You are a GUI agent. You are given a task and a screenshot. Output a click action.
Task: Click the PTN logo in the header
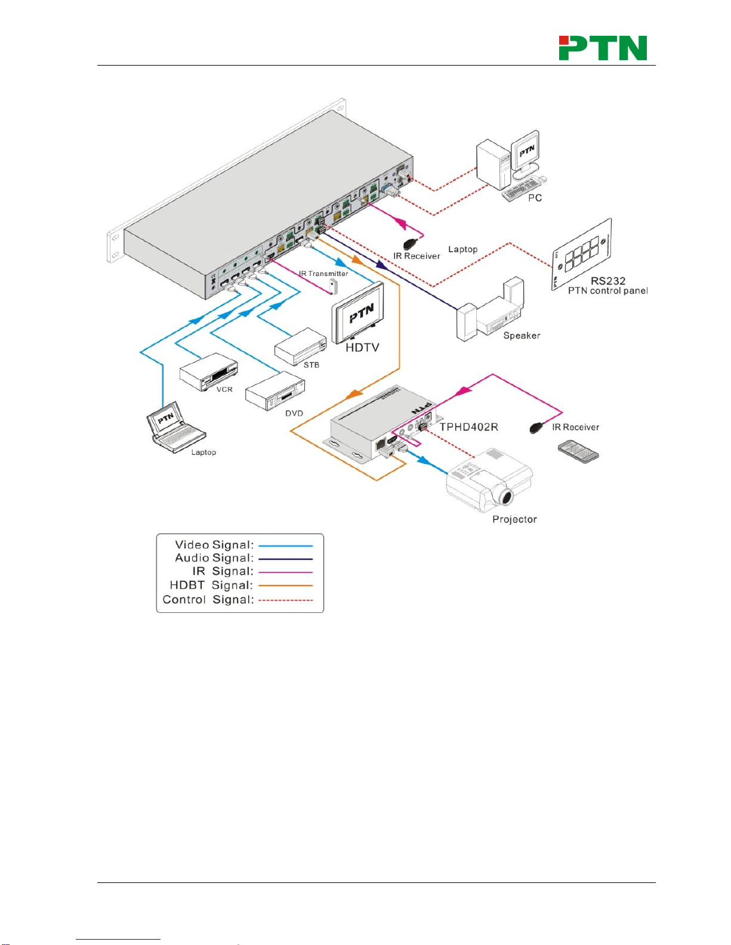[x=603, y=48]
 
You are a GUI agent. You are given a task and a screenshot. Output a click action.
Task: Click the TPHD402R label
[x=468, y=427]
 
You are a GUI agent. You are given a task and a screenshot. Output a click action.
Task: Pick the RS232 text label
[x=607, y=281]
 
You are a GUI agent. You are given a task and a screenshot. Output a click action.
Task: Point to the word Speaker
[x=522, y=336]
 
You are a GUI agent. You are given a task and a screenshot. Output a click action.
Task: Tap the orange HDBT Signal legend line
[x=285, y=585]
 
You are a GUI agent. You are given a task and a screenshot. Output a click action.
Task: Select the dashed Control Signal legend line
[x=285, y=600]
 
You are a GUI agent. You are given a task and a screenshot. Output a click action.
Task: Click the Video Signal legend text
[x=214, y=545]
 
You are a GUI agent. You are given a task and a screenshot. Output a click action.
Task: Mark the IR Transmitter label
[x=323, y=274]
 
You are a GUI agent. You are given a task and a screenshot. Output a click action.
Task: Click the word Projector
[x=514, y=519]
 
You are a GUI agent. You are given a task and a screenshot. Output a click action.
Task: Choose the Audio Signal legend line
[x=285, y=559]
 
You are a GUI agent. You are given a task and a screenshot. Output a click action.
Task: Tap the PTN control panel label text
[x=607, y=291]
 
